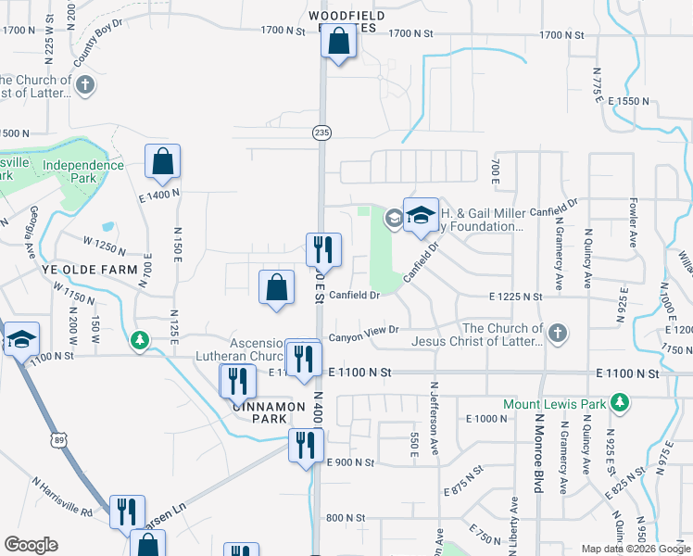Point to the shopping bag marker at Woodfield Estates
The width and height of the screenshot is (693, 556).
pos(339,43)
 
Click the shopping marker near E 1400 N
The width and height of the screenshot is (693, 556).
pos(162,162)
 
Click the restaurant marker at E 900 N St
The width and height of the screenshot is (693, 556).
pos(306,445)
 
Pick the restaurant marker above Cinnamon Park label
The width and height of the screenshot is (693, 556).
pos(237,380)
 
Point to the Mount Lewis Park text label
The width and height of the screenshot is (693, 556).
pos(553,404)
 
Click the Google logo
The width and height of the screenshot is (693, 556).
pos(31,544)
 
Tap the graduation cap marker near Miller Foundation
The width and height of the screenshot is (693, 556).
pos(421,216)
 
